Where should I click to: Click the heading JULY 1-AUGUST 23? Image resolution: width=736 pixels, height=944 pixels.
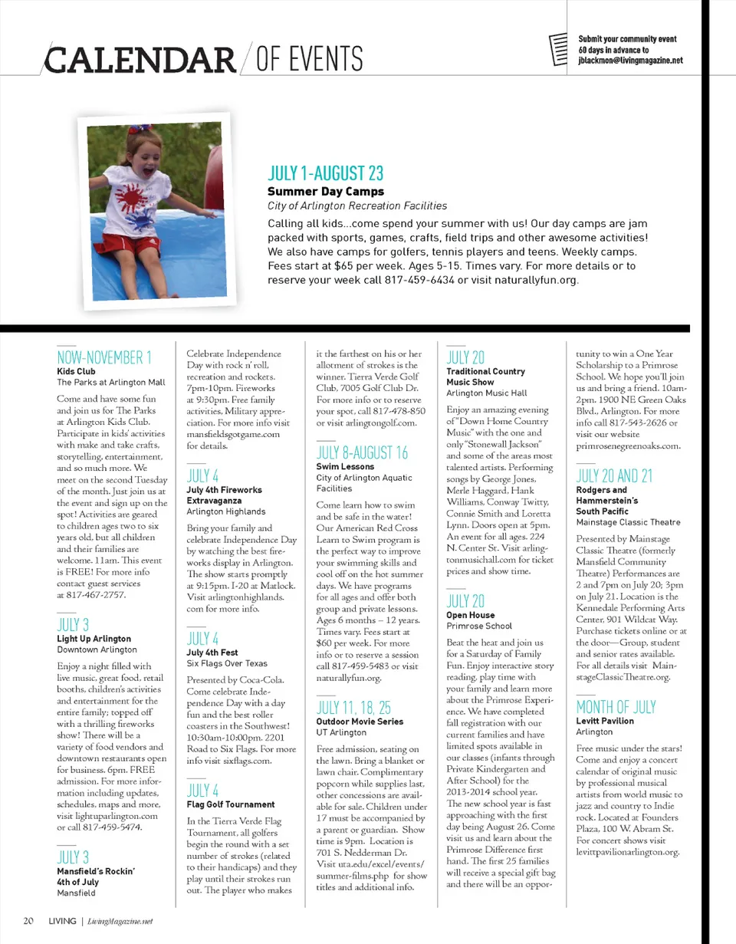click(x=325, y=173)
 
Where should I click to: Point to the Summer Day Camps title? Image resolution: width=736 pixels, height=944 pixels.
click(x=325, y=191)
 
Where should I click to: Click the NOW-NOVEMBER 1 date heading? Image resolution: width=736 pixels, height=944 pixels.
click(x=104, y=357)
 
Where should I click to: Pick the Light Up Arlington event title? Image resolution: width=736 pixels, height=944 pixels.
click(x=94, y=638)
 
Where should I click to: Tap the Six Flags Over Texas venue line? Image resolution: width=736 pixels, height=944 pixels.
click(x=227, y=663)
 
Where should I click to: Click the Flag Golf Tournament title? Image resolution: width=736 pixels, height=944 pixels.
click(x=231, y=804)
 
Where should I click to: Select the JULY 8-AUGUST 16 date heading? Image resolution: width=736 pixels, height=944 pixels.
click(x=362, y=452)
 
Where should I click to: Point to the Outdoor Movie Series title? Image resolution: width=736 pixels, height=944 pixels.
click(x=360, y=722)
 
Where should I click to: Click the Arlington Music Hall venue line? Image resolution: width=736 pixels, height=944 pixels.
click(x=484, y=393)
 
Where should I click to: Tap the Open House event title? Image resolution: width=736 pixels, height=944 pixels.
click(x=470, y=615)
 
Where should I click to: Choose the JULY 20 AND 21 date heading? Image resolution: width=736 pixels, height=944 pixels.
click(x=613, y=475)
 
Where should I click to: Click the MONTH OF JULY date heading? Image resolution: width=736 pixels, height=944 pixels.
click(x=616, y=706)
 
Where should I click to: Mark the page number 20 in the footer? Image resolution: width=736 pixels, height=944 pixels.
click(x=28, y=920)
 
